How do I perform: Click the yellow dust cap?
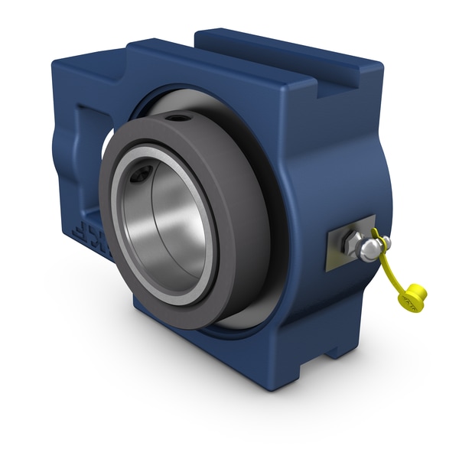pos(414,295)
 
